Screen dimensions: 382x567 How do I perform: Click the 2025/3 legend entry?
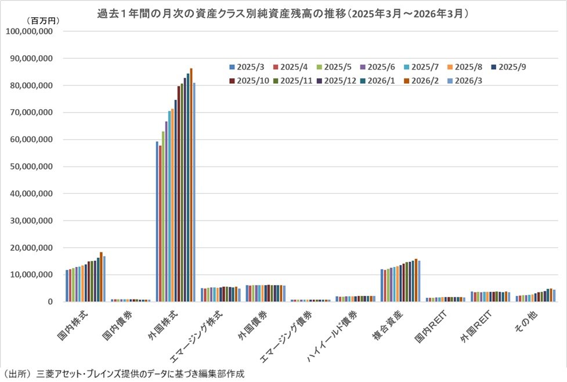click(247, 67)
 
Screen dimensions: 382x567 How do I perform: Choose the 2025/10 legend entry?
click(250, 81)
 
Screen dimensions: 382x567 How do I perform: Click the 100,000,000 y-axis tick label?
click(30, 31)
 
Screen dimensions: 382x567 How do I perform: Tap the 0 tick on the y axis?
click(51, 302)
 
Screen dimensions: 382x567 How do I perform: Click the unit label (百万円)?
click(41, 20)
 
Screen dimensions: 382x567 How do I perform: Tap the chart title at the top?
click(283, 12)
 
